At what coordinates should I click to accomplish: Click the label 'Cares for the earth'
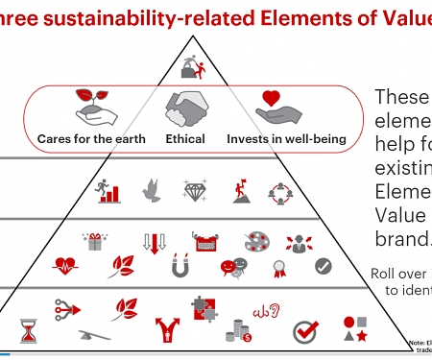[x=91, y=139]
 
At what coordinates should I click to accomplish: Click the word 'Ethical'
[x=185, y=139]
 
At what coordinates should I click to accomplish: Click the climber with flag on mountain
[x=242, y=189]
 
